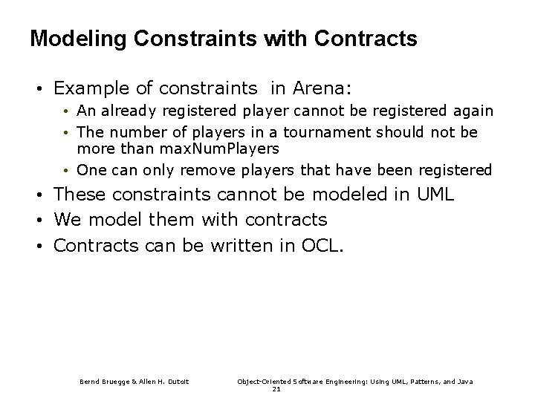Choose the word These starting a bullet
pyautogui.click(x=81, y=195)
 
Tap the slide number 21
pyautogui.click(x=276, y=388)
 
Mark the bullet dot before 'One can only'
pyautogui.click(x=66, y=170)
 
